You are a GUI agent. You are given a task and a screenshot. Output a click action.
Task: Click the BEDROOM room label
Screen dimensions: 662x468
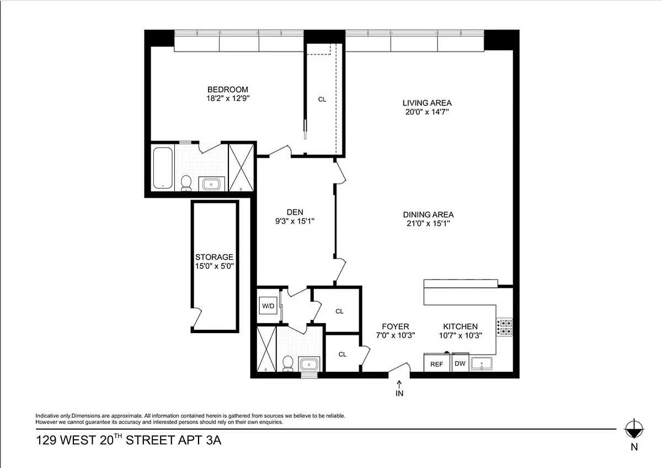[x=227, y=90]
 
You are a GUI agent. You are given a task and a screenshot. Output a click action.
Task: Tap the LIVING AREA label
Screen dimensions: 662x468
[x=427, y=103]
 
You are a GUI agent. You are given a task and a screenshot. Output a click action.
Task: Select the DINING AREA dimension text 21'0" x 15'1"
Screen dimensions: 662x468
[x=428, y=223]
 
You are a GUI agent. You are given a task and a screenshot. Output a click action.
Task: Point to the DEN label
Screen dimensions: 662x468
[x=295, y=212]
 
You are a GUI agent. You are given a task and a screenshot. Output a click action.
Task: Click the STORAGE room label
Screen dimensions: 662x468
[x=214, y=257]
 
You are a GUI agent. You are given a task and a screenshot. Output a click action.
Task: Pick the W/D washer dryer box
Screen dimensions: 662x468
[x=268, y=306]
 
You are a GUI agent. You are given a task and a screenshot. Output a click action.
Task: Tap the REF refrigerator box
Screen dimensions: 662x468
[x=436, y=363]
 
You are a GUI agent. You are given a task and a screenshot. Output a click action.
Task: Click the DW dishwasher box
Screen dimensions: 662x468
[x=460, y=362]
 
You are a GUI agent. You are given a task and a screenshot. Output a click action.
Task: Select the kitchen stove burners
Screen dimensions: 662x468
[x=504, y=327]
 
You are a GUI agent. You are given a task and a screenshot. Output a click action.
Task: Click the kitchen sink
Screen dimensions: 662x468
[x=482, y=364]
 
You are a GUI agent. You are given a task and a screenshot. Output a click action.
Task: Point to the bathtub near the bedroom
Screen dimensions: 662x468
[x=163, y=168]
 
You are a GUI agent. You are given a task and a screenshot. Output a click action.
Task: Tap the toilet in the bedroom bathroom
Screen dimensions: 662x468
[x=186, y=183]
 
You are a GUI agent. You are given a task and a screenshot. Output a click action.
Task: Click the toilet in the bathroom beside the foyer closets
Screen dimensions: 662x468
[x=288, y=364]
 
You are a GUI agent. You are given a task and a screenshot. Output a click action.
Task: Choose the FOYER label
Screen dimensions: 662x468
[x=396, y=327]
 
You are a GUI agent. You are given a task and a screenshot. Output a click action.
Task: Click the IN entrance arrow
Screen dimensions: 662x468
[x=399, y=388]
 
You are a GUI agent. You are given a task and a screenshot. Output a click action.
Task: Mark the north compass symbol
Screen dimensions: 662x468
[x=634, y=429]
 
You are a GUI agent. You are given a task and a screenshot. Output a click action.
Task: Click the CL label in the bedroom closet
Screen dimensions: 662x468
[x=322, y=99]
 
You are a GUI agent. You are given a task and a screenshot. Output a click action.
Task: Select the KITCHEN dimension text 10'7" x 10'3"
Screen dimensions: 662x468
[x=461, y=335]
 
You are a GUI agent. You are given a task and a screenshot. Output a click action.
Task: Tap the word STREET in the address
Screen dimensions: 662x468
[x=150, y=440]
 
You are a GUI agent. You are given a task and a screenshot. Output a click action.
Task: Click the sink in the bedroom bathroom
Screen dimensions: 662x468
[x=211, y=184]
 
